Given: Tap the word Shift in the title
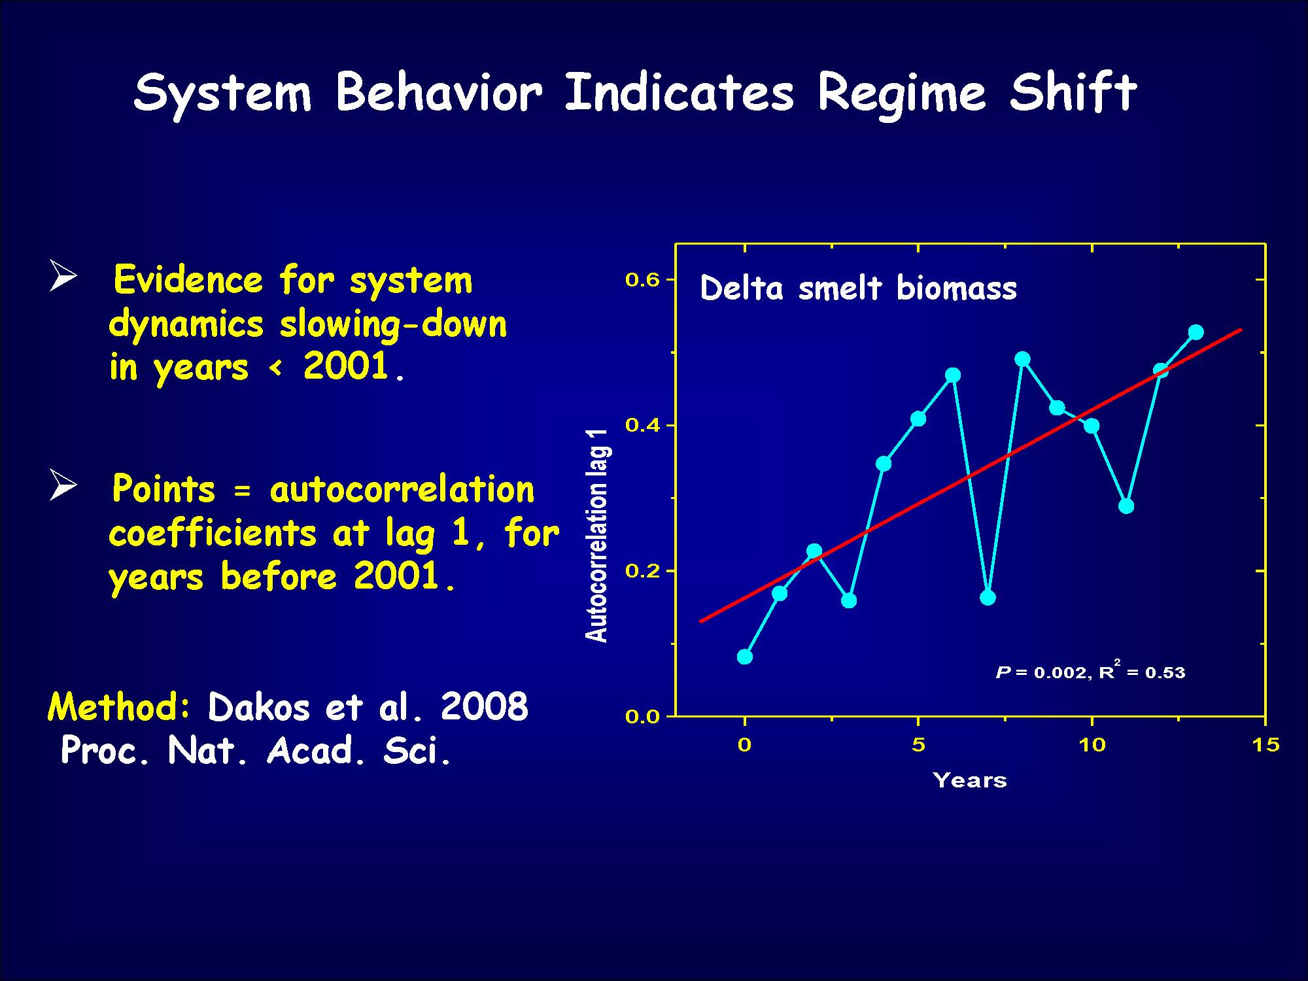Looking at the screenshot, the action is coord(1073,91).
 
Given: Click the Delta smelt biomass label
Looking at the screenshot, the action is coord(858,288).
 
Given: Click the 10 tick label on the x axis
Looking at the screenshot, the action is coord(1092,744).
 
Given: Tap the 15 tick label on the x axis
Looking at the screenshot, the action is coord(1265,744).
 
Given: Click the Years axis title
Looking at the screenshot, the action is coord(970,780).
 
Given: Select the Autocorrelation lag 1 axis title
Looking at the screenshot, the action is coord(596,536).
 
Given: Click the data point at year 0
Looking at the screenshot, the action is coord(744,657).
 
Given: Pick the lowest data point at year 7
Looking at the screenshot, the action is coord(988,597).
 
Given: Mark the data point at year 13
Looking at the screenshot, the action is coord(1196,332).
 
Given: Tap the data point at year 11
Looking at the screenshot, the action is coord(1126,506).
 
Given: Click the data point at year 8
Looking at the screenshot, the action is coord(1023,359).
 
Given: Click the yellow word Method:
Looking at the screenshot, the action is coord(120,707).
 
